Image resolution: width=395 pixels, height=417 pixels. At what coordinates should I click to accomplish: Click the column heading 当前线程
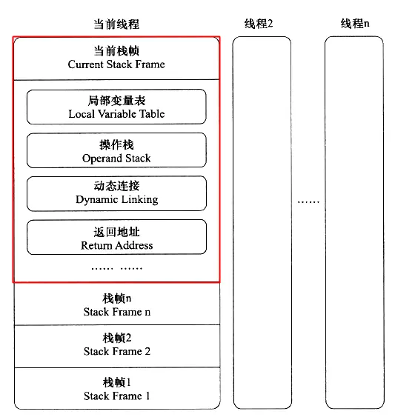(x=116, y=24)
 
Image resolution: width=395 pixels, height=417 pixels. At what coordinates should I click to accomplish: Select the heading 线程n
(x=355, y=24)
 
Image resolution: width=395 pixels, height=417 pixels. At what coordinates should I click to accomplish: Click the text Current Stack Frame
(x=116, y=64)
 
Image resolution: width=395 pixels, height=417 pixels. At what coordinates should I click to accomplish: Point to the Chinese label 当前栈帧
(x=116, y=51)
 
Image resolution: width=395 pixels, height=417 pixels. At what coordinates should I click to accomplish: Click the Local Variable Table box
(x=116, y=107)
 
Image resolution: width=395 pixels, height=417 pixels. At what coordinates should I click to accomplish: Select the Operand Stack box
(x=116, y=150)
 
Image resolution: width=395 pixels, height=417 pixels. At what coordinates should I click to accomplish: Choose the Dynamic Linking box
(x=116, y=193)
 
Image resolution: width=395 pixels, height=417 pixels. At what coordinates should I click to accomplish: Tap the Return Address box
(x=116, y=237)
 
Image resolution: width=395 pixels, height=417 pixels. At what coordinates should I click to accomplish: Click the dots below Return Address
(x=116, y=267)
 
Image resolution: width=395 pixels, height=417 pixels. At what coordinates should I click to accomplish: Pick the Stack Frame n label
(x=117, y=312)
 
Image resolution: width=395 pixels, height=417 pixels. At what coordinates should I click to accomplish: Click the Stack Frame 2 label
(x=117, y=351)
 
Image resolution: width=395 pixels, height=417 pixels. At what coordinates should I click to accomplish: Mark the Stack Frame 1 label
(x=117, y=396)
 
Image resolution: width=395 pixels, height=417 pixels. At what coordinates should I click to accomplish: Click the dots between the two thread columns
(x=308, y=201)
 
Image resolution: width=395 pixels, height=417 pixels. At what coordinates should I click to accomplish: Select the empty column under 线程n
(x=355, y=222)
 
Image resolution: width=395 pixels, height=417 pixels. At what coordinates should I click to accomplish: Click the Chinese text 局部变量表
(x=116, y=101)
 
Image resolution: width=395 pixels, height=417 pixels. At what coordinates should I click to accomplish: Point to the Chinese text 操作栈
(x=116, y=144)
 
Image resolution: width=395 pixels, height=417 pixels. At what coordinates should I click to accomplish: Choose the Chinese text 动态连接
(x=116, y=187)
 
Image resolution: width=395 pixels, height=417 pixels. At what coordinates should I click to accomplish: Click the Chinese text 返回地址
(x=116, y=232)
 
